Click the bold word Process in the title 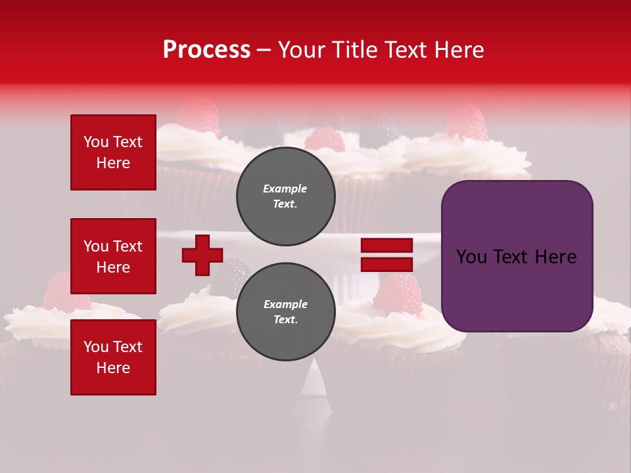(206, 50)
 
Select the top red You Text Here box (113, 152)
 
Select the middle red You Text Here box (113, 256)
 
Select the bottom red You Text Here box (113, 357)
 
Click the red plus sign (202, 255)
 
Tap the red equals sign (386, 255)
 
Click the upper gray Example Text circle (285, 196)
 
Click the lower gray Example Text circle (285, 312)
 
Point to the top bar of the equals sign (386, 246)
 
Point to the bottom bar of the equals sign (386, 264)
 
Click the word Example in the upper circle (285, 189)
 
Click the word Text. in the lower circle (285, 320)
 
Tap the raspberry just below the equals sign (398, 294)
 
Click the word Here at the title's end (459, 50)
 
